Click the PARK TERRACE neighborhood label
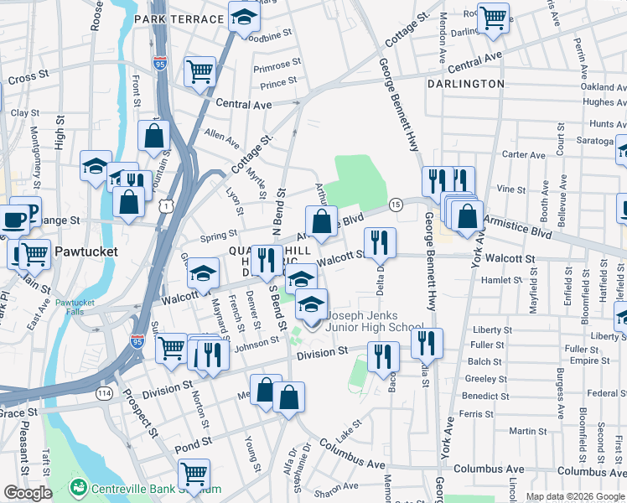pos(179,18)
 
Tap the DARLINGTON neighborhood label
pos(465,84)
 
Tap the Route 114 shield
pos(105,392)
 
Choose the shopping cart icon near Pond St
pos(194,473)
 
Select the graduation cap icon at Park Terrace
pos(244,19)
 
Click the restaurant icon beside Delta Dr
pos(380,241)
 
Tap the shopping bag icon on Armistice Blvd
pos(321,222)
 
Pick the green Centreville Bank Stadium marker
pos(79,486)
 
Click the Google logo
pos(28,493)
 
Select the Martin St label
pos(528,431)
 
